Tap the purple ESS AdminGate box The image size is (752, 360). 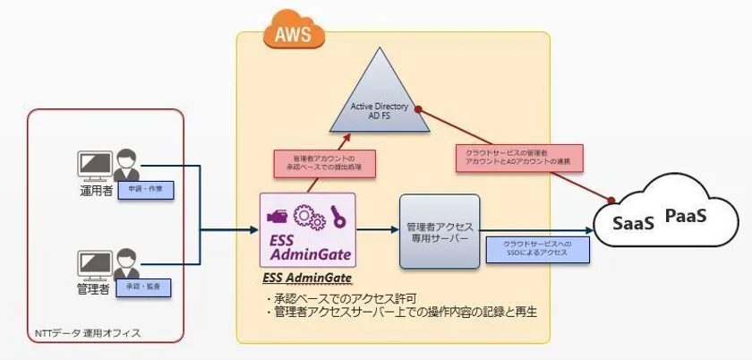pyautogui.click(x=307, y=231)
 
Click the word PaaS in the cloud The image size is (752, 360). pyautogui.click(x=686, y=216)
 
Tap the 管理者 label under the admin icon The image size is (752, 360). pyautogui.click(x=93, y=290)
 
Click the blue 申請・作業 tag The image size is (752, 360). pyautogui.click(x=144, y=190)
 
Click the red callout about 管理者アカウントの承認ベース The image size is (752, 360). pyautogui.click(x=323, y=163)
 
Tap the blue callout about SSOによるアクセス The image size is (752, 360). pyautogui.click(x=537, y=249)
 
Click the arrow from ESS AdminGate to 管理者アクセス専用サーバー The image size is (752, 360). pyautogui.click(x=377, y=230)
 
